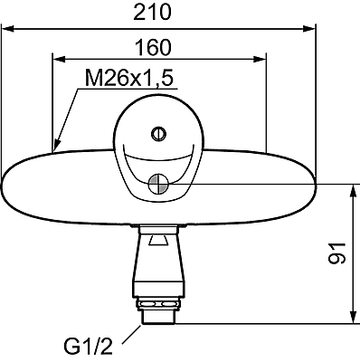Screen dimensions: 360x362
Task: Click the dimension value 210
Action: point(152,13)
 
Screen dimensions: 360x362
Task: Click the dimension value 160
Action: point(153,47)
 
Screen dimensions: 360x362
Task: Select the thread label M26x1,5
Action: point(129,78)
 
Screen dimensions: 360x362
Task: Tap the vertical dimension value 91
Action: point(336,252)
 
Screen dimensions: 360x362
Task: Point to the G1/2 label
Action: point(88,347)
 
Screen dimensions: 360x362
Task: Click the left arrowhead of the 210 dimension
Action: point(8,29)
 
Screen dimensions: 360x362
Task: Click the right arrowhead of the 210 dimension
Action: point(309,29)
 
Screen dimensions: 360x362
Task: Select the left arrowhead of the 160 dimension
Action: point(59,59)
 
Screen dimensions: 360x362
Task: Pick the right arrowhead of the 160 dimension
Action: point(260,59)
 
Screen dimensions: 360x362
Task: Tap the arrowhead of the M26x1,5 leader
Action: point(56,144)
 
